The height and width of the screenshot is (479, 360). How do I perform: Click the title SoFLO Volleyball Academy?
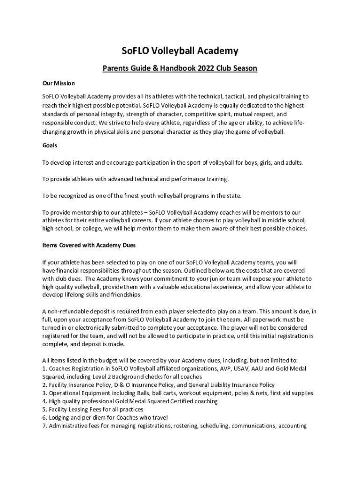(180, 51)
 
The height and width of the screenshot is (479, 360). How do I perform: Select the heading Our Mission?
(58, 83)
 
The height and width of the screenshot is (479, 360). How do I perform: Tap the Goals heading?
(50, 145)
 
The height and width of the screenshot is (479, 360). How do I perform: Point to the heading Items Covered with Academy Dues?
(89, 245)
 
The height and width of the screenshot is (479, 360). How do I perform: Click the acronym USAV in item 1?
(227, 369)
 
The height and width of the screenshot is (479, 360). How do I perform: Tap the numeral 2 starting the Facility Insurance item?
(44, 385)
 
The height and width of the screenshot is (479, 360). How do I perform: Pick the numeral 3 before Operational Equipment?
(44, 393)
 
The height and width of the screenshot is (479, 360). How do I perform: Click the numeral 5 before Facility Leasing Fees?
(44, 409)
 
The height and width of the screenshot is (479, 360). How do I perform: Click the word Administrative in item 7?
(69, 426)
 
